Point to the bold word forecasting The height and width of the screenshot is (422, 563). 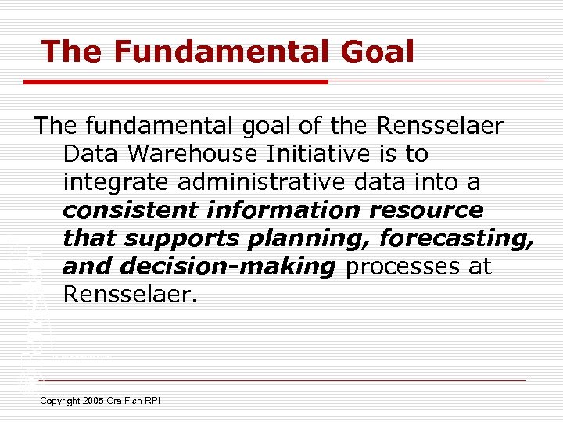(x=454, y=238)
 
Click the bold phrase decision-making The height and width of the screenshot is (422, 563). (x=228, y=267)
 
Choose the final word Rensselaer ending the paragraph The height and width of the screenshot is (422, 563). (x=127, y=295)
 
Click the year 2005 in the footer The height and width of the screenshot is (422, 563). (x=96, y=401)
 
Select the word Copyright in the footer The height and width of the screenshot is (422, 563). (x=60, y=401)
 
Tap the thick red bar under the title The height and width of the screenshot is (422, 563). (x=176, y=81)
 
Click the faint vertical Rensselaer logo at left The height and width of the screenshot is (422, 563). (x=31, y=313)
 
